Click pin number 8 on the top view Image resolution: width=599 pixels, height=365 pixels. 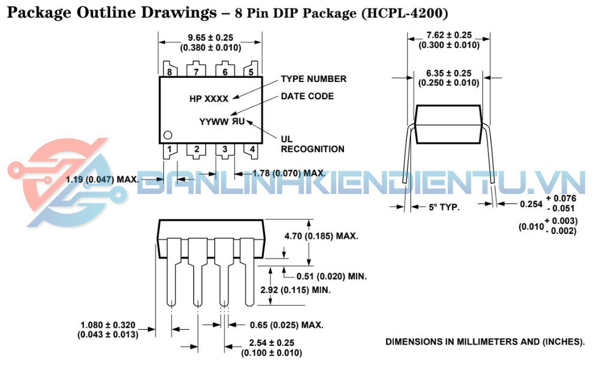[x=169, y=72]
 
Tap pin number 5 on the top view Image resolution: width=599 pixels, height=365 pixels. [x=251, y=72]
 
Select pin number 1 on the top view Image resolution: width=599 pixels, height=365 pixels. [x=169, y=149]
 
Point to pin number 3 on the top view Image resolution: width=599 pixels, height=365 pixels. [x=225, y=149]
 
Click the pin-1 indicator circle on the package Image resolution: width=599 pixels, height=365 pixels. [x=168, y=135]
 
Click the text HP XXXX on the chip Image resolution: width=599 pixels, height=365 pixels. [x=209, y=99]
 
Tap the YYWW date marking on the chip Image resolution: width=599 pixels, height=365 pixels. [x=214, y=122]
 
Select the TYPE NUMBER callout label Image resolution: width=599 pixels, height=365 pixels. [x=314, y=79]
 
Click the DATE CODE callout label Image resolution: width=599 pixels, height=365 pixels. [x=307, y=96]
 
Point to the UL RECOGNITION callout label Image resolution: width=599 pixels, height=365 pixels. [x=312, y=144]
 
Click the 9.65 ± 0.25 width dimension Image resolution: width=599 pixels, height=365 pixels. [x=210, y=38]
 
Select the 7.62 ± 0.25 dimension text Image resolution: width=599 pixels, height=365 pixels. [x=449, y=35]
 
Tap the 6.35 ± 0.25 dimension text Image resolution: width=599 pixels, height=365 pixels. [x=449, y=73]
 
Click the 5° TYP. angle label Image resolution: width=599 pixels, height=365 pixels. [x=444, y=207]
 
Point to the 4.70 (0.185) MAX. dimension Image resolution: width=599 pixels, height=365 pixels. [x=321, y=236]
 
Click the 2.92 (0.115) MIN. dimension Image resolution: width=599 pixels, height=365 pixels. [x=295, y=290]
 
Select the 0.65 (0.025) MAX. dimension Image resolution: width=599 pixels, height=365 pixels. [x=287, y=326]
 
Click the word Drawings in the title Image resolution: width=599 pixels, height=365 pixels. [x=179, y=13]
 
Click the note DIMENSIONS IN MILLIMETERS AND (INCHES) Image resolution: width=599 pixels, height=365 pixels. [x=485, y=342]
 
